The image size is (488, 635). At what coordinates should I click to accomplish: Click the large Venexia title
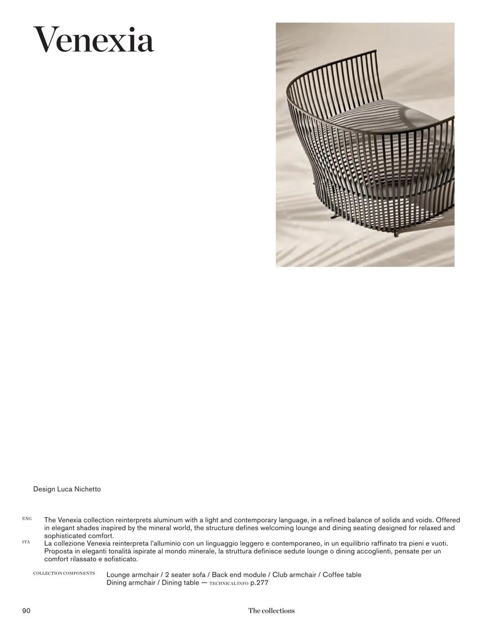click(x=94, y=40)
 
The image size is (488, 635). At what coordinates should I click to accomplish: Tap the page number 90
click(x=26, y=611)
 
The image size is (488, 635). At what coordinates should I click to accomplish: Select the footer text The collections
click(x=271, y=611)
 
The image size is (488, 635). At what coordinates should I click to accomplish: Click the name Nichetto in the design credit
click(x=87, y=489)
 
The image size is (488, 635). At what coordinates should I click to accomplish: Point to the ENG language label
click(x=27, y=519)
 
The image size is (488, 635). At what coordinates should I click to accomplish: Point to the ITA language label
click(x=26, y=542)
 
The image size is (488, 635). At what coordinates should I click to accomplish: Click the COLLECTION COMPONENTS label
click(x=64, y=573)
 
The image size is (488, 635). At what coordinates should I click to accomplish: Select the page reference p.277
click(x=259, y=583)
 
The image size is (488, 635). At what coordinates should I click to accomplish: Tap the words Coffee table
click(x=342, y=575)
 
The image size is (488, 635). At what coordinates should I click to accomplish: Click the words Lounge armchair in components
click(x=133, y=575)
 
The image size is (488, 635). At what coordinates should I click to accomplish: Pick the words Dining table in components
click(x=181, y=583)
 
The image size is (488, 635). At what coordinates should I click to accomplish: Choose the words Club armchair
click(x=294, y=575)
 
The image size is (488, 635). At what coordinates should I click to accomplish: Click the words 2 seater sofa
click(x=185, y=575)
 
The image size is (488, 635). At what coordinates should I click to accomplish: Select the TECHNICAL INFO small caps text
click(x=229, y=583)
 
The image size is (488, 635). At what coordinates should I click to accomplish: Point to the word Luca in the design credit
click(x=64, y=489)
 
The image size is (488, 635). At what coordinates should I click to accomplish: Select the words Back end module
click(x=239, y=575)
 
